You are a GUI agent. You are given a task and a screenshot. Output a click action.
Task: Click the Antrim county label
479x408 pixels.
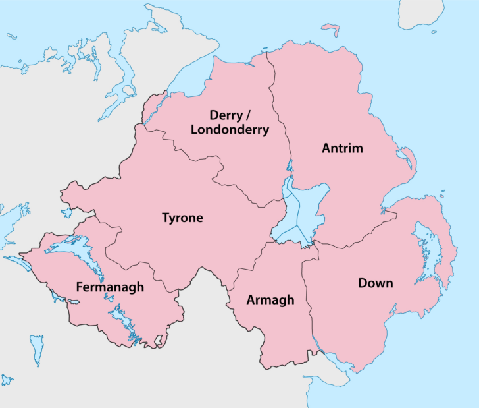click(342, 148)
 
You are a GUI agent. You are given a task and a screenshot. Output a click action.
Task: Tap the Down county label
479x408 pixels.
click(376, 283)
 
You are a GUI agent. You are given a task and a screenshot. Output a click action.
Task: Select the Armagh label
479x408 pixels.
click(270, 301)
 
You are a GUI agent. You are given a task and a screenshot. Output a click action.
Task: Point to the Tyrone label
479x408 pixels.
click(182, 218)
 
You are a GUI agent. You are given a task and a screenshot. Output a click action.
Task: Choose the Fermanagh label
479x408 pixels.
click(110, 287)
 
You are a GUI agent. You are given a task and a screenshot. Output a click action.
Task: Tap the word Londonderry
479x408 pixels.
click(230, 130)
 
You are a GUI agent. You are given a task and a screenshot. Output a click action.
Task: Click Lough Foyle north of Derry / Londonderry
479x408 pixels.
click(191, 79)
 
